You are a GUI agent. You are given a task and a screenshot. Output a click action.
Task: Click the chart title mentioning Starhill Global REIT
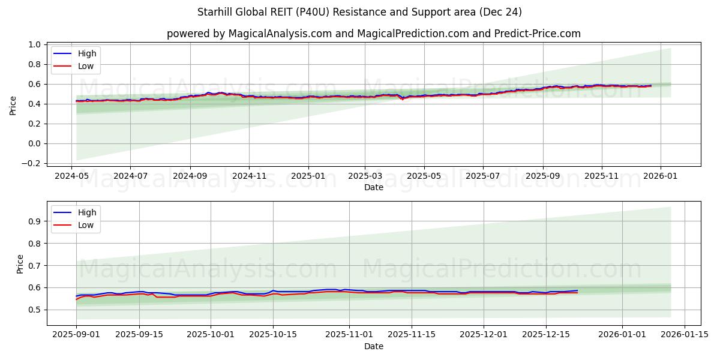coord(359,12)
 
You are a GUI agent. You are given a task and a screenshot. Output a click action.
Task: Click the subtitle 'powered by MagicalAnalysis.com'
coord(373,34)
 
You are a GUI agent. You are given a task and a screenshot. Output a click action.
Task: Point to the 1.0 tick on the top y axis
coord(34,44)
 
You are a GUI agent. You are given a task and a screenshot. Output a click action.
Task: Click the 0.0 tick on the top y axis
coord(34,143)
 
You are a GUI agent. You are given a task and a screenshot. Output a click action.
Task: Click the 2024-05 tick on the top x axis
coord(72,176)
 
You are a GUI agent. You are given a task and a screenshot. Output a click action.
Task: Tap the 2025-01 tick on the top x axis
coord(308,176)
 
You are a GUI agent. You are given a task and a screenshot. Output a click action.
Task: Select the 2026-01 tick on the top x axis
coord(661,176)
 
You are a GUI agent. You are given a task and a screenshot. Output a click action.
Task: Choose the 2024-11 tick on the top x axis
coord(249,176)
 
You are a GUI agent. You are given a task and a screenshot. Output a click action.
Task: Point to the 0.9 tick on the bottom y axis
coord(34,221)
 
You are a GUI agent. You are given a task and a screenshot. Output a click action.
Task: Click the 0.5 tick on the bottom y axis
coord(34,310)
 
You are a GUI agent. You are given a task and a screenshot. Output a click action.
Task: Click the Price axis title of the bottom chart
coord(20,264)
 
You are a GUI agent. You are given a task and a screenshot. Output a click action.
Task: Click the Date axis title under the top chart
coord(373,187)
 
